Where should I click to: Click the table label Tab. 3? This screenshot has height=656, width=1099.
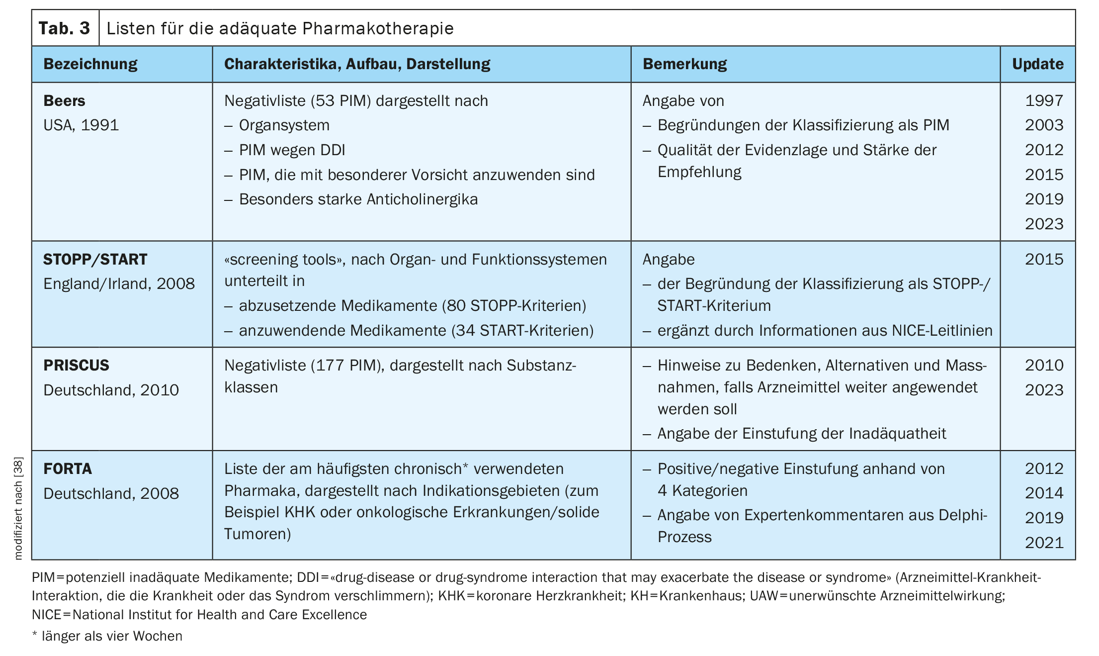[x=64, y=28]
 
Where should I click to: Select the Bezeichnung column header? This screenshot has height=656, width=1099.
[x=90, y=64]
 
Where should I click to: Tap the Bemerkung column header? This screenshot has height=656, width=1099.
[x=684, y=64]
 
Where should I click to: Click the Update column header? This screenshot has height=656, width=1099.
[x=1038, y=64]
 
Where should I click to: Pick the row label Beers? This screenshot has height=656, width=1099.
[x=64, y=101]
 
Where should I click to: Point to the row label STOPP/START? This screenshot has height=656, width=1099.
[x=95, y=260]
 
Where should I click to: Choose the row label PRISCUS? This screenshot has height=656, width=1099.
[x=76, y=366]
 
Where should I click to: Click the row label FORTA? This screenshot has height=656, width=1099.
[x=68, y=469]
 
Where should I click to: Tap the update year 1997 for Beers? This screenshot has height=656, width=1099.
[x=1044, y=101]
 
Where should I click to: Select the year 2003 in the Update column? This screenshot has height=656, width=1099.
[x=1044, y=125]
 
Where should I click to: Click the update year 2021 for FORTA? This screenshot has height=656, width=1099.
[x=1044, y=543]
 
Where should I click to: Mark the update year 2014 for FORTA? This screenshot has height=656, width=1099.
[x=1044, y=493]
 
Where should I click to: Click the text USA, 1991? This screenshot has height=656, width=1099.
[x=81, y=125]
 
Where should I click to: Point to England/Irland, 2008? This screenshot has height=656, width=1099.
[x=119, y=284]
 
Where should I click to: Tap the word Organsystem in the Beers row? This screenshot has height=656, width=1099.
[x=284, y=125]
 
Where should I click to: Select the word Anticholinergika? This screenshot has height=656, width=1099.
[x=422, y=199]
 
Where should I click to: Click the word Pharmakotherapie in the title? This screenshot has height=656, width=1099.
[x=378, y=28]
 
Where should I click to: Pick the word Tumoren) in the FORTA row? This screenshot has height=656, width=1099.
[x=257, y=534]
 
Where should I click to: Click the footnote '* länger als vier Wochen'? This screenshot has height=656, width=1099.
[x=107, y=636]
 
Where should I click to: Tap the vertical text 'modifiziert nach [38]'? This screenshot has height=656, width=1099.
[x=18, y=508]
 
